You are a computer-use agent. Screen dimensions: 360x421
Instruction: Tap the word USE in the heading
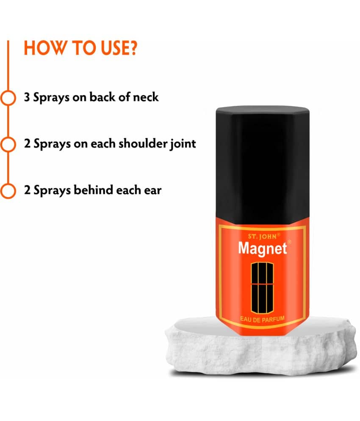pos(113,48)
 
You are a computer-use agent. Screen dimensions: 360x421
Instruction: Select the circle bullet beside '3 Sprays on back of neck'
pos(8,98)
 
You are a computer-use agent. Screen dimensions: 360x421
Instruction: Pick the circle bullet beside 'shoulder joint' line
pos(8,144)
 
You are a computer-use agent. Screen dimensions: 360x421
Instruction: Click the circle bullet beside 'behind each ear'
pos(8,191)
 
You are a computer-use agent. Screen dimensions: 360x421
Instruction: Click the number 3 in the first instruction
pos(27,97)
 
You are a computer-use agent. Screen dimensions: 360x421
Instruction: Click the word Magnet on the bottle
pos(263,248)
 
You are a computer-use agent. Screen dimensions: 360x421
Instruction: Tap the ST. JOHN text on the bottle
pos(262,237)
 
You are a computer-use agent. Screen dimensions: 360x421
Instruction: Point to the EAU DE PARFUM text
pos(262,319)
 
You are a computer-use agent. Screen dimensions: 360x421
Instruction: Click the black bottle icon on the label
pos(262,288)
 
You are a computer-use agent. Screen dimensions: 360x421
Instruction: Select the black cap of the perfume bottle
pos(263,165)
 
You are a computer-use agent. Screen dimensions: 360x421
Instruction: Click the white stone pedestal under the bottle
pos(261,347)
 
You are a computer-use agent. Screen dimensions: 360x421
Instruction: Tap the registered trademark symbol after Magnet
pos(289,242)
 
